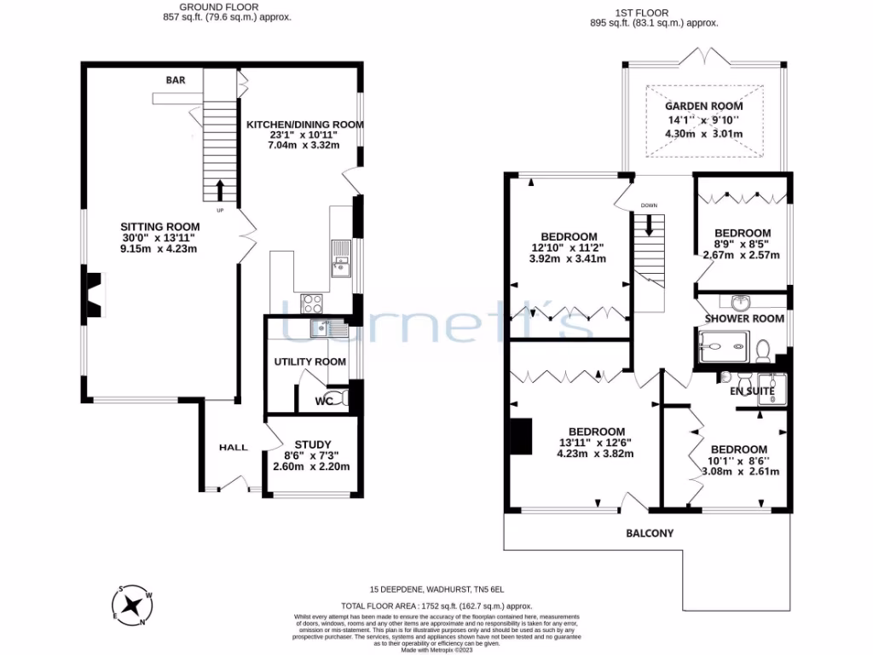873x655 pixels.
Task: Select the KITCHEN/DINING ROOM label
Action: (304, 125)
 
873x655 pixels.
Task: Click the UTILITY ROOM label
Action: (309, 362)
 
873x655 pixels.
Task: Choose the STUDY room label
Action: (311, 444)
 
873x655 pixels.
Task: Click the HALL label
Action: (233, 447)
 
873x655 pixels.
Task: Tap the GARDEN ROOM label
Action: (703, 106)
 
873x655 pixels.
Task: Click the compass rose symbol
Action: (133, 605)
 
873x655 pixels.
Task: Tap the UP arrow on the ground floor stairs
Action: (220, 188)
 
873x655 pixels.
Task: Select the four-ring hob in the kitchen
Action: (312, 301)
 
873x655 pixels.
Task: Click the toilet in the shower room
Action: (765, 350)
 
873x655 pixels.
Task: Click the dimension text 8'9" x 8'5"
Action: (742, 244)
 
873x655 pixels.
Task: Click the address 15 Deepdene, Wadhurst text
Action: (436, 589)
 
